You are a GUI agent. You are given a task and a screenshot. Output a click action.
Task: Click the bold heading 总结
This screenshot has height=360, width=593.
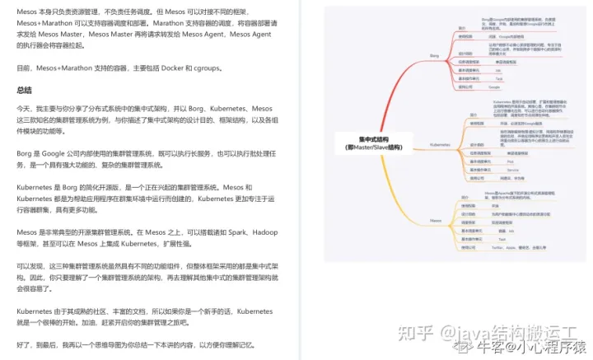(25, 90)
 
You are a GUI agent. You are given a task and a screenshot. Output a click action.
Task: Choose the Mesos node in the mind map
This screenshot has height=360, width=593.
(437, 221)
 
